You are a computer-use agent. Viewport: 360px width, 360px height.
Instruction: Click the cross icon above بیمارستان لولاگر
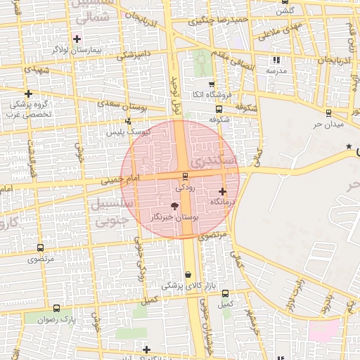point(77,39)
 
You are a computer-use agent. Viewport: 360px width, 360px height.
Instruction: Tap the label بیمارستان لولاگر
point(77,51)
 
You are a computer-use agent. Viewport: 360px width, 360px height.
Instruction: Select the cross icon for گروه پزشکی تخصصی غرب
point(28,94)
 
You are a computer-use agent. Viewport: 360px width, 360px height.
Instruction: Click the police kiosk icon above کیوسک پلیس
point(127,122)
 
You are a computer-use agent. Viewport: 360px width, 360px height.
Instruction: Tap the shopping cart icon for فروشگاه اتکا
point(212,84)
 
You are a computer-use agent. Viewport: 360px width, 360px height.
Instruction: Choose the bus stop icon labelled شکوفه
point(219,109)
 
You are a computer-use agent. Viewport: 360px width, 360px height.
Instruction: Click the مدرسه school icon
point(276,60)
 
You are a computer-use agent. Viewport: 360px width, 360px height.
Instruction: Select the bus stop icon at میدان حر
point(328,113)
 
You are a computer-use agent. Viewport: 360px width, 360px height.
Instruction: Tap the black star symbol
point(349,146)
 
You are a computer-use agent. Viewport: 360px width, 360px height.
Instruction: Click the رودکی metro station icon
point(185,176)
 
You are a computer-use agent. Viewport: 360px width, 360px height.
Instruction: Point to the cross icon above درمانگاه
point(222,191)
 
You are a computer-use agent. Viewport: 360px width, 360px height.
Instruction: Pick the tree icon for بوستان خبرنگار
point(174,205)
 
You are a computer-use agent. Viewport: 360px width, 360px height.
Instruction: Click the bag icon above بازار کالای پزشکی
point(188,275)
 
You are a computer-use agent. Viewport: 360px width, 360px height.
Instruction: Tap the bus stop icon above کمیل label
point(225,293)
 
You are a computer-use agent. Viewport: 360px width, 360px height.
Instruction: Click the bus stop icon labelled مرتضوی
point(39,247)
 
